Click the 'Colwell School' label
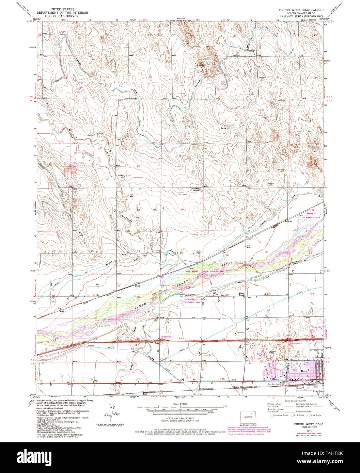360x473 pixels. tap(196, 189)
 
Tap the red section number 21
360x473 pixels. tap(267, 252)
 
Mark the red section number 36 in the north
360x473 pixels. tap(150, 78)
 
